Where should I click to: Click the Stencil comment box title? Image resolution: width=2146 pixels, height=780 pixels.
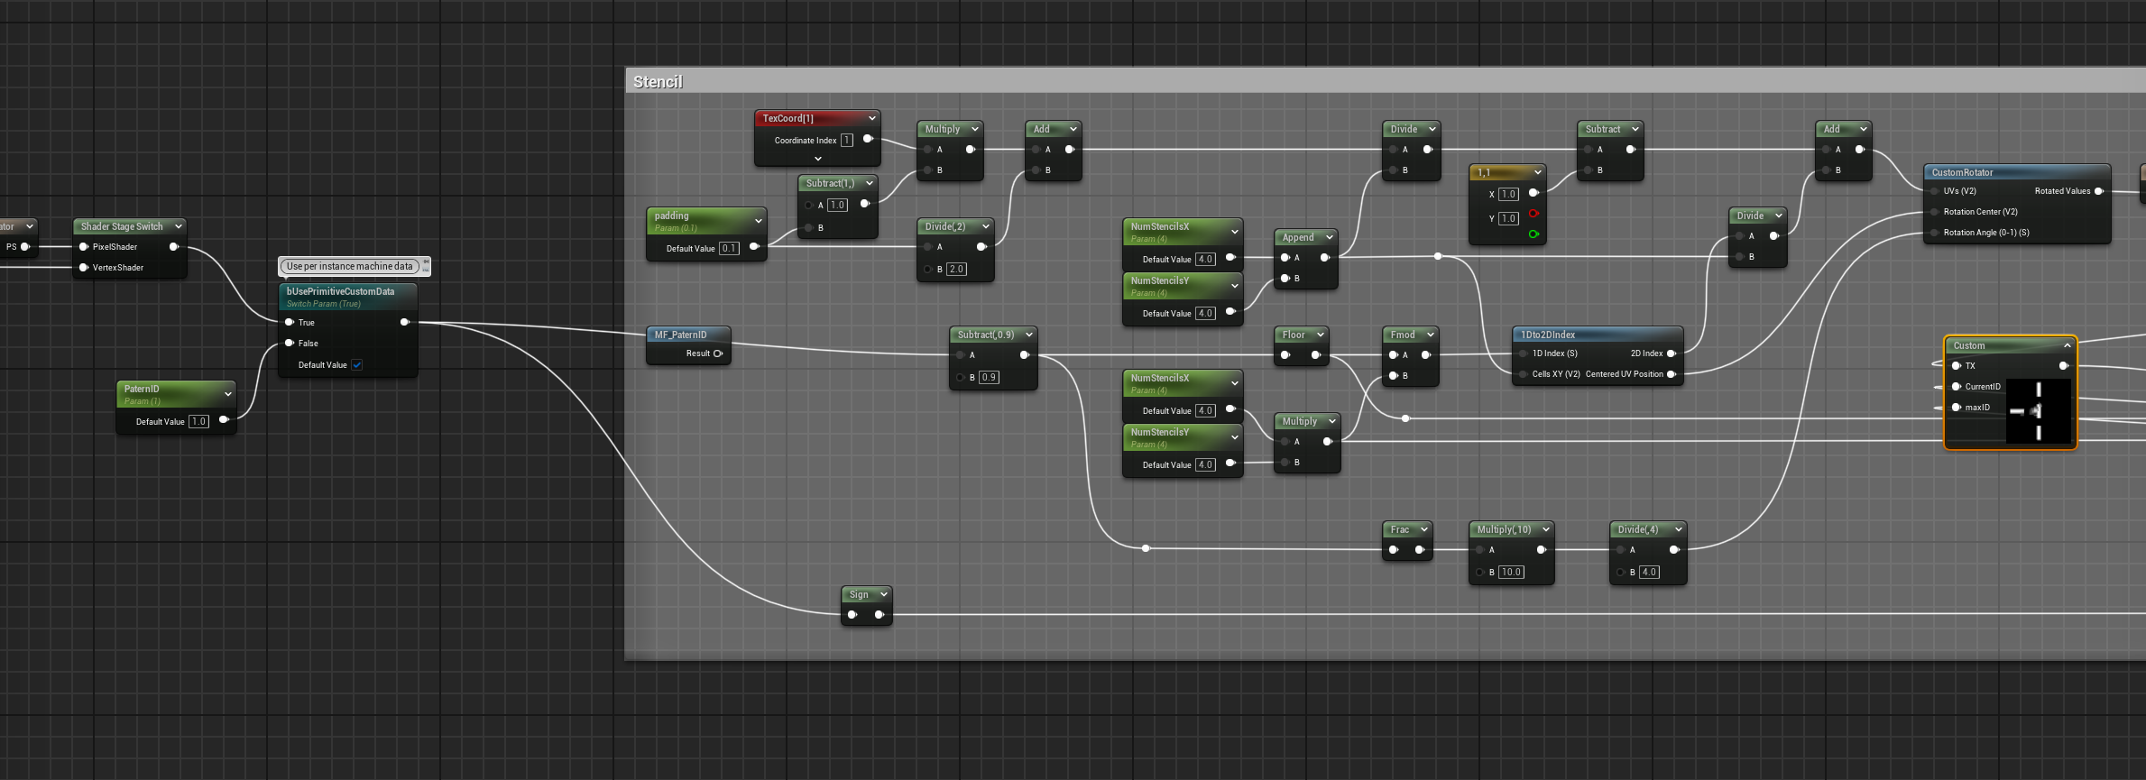coord(659,82)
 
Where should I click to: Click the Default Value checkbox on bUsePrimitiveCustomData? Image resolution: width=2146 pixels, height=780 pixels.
coord(357,365)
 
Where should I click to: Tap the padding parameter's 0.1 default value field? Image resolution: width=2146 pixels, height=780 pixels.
coord(729,249)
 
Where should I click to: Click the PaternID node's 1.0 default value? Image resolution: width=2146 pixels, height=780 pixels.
coord(198,422)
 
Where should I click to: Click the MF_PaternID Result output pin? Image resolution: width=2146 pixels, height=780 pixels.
coord(718,353)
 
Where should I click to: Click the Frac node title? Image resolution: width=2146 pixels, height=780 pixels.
coord(1400,529)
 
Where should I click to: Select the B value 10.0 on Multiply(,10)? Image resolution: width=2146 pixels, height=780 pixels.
coord(1511,573)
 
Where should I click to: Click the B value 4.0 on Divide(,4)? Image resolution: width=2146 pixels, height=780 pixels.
coord(1648,573)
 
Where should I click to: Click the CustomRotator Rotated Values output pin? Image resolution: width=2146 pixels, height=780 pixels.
coord(2099,191)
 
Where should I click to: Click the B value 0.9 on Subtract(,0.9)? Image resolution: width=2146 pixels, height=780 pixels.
coord(989,378)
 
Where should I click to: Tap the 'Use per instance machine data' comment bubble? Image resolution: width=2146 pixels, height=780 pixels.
coord(349,266)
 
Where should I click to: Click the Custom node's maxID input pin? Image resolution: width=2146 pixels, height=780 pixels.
coord(1956,408)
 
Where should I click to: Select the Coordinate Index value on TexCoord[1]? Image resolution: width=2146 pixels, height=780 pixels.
coord(846,141)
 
